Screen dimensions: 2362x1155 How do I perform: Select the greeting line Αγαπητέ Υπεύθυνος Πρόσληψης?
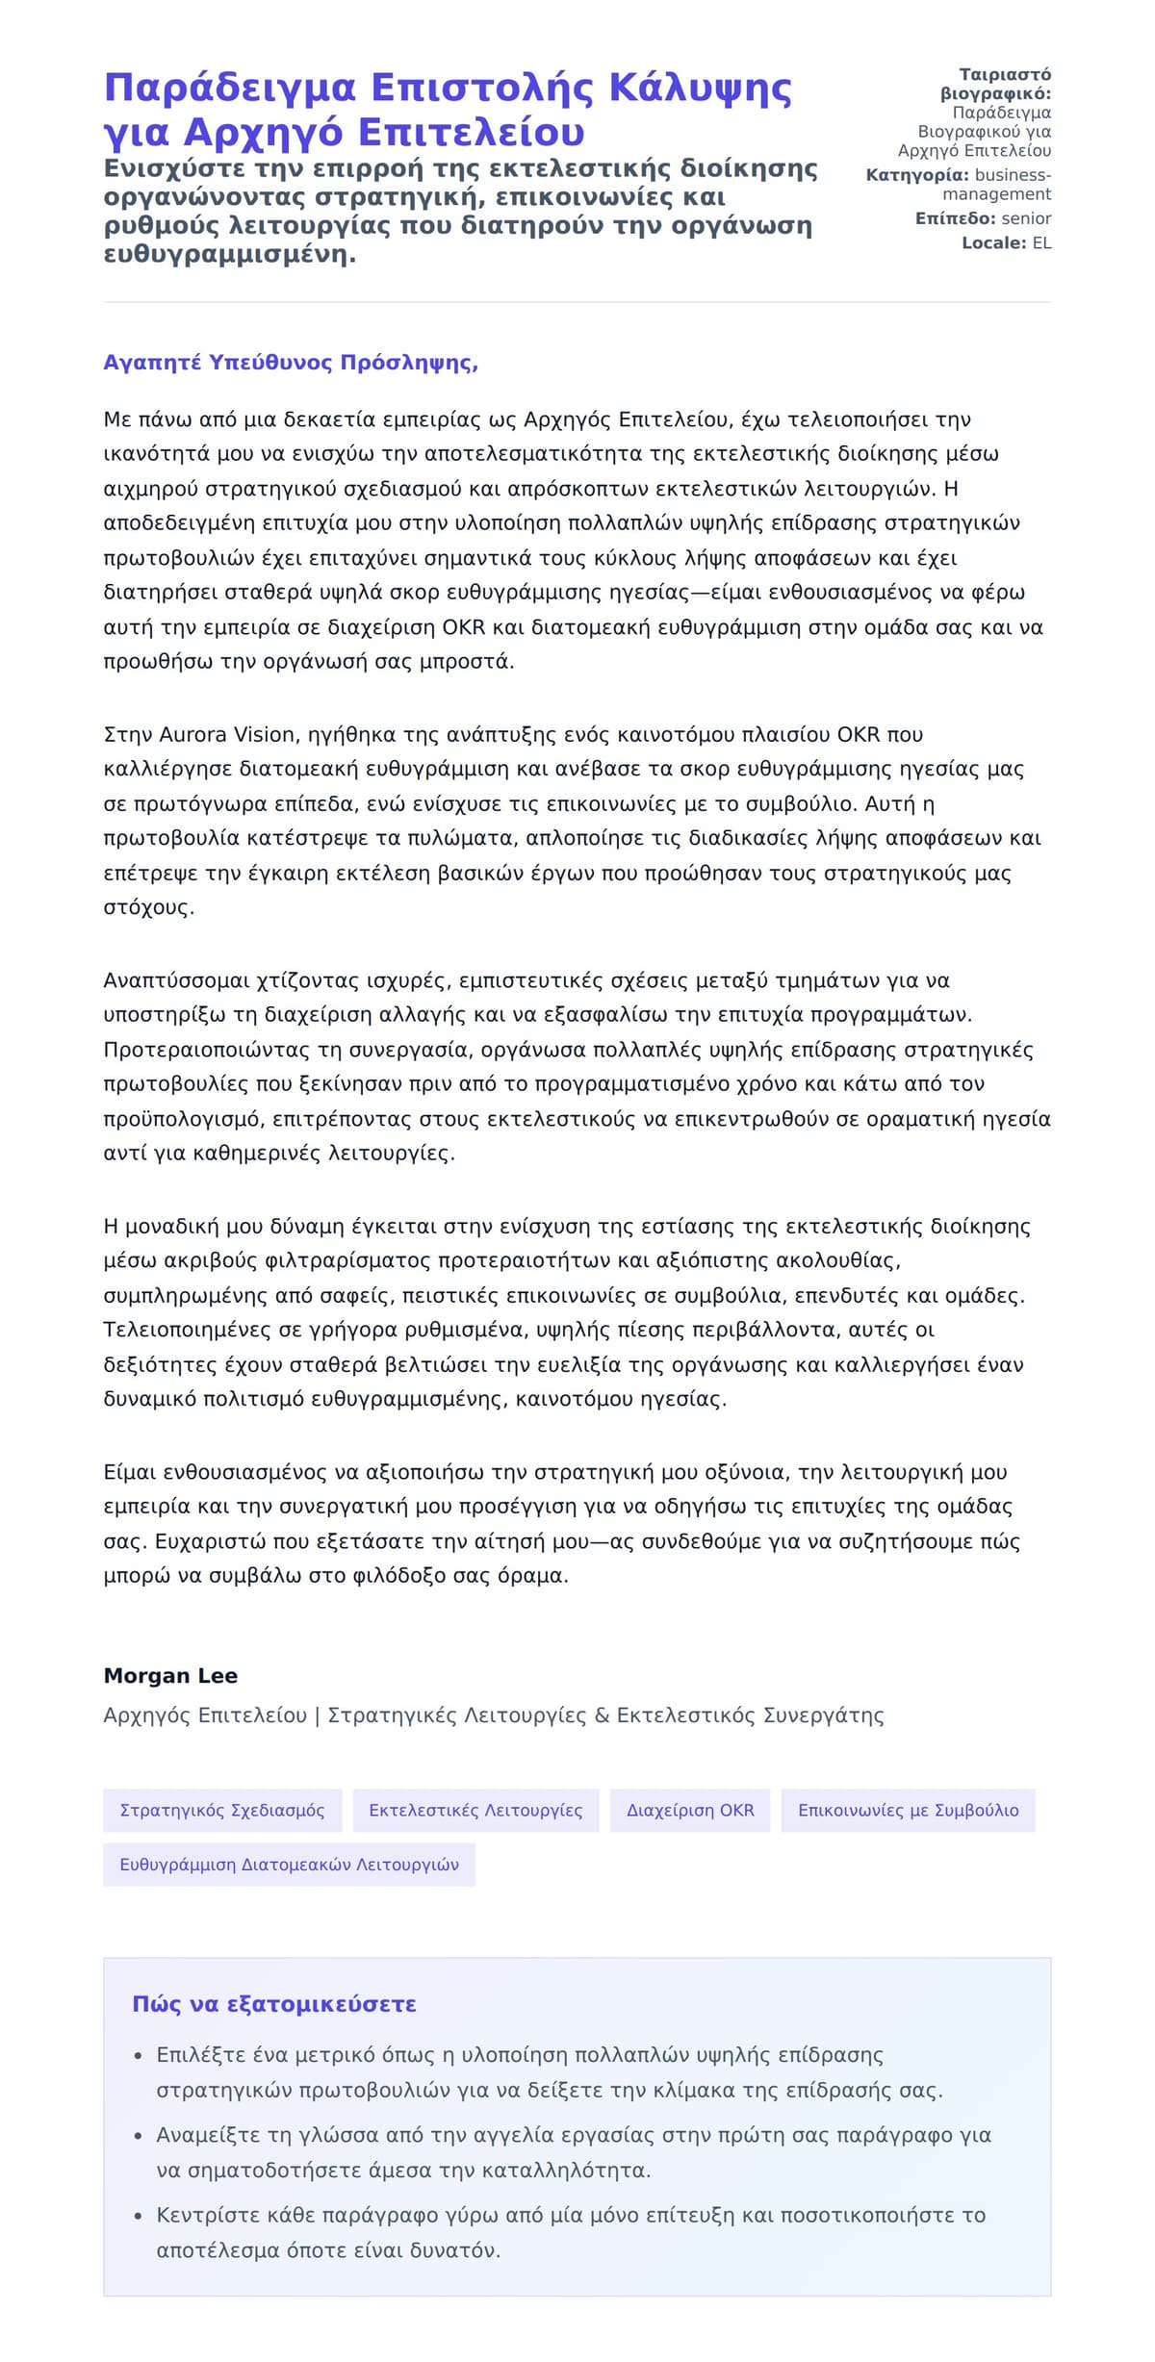(x=291, y=363)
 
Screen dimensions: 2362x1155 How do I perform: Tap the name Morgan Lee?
(x=170, y=1675)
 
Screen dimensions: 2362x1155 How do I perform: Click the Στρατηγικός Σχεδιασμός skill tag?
(x=222, y=1810)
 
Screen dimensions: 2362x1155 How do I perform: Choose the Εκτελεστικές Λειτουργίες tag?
(x=475, y=1810)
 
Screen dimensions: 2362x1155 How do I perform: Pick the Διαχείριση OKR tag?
(x=690, y=1810)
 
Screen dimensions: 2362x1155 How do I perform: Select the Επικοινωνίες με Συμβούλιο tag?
(x=908, y=1810)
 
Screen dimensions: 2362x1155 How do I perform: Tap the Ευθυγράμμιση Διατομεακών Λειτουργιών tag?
(x=289, y=1865)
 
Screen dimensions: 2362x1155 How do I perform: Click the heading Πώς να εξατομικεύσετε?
(x=274, y=2004)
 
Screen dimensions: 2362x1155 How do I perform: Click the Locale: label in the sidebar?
(x=994, y=243)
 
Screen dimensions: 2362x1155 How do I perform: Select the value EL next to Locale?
(x=1041, y=243)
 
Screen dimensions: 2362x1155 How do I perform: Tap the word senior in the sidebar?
(x=1026, y=218)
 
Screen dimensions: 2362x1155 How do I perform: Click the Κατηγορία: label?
(x=917, y=175)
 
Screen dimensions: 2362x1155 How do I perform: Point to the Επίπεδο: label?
(x=956, y=218)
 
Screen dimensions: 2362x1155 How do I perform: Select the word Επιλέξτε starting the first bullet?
(x=200, y=2055)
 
